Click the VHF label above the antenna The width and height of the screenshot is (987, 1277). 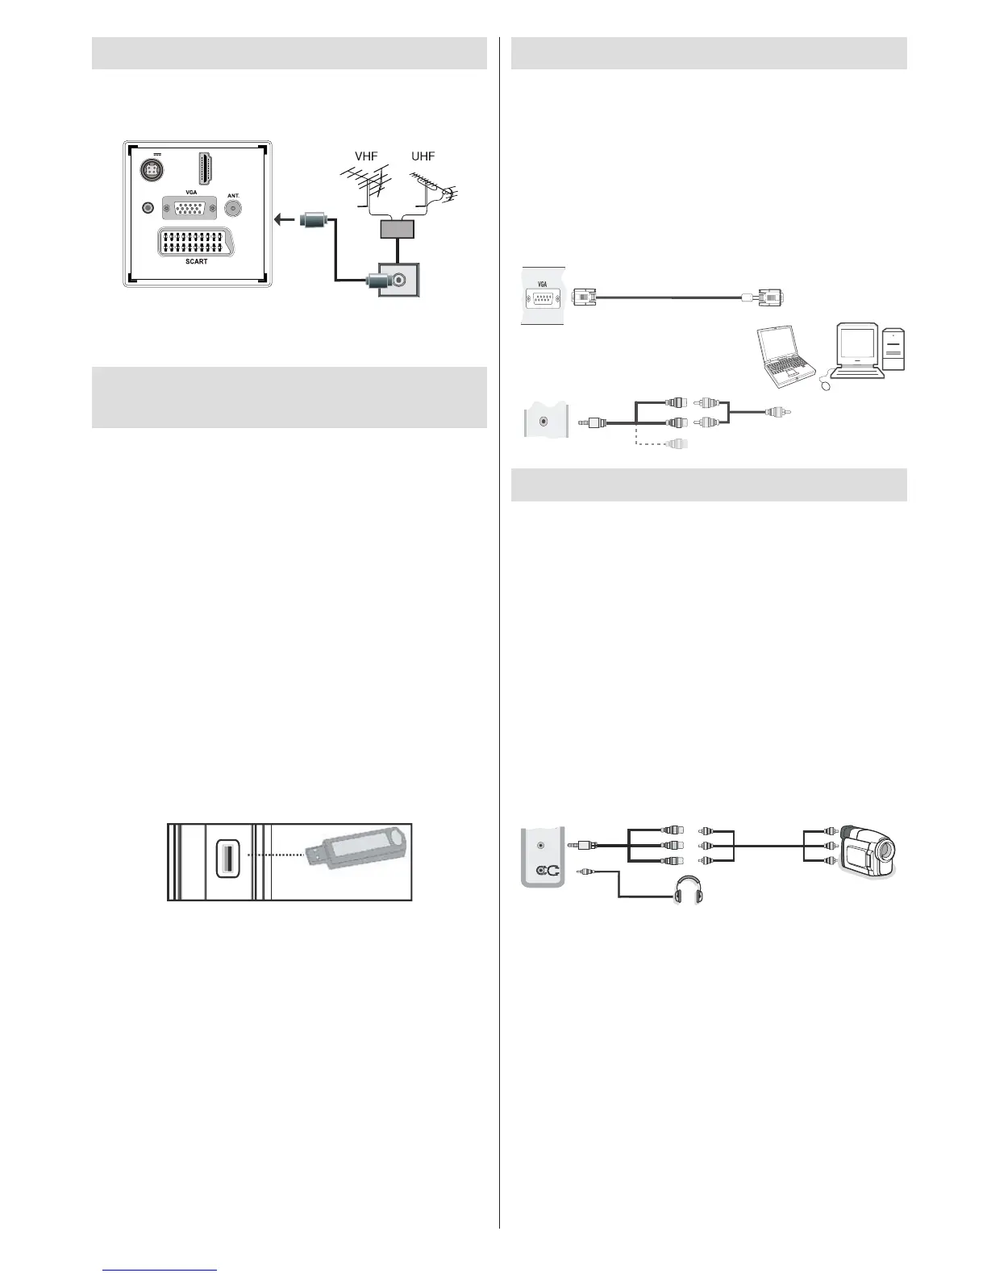tap(366, 156)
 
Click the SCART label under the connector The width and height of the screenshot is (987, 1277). tap(196, 262)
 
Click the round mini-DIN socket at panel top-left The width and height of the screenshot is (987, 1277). tap(151, 170)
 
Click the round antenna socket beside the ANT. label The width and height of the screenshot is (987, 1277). tap(234, 208)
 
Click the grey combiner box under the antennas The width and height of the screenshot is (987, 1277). tap(397, 228)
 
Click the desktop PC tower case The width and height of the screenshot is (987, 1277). tap(893, 349)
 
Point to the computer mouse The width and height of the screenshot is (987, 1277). tap(827, 385)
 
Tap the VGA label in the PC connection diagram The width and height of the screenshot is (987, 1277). tap(542, 283)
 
